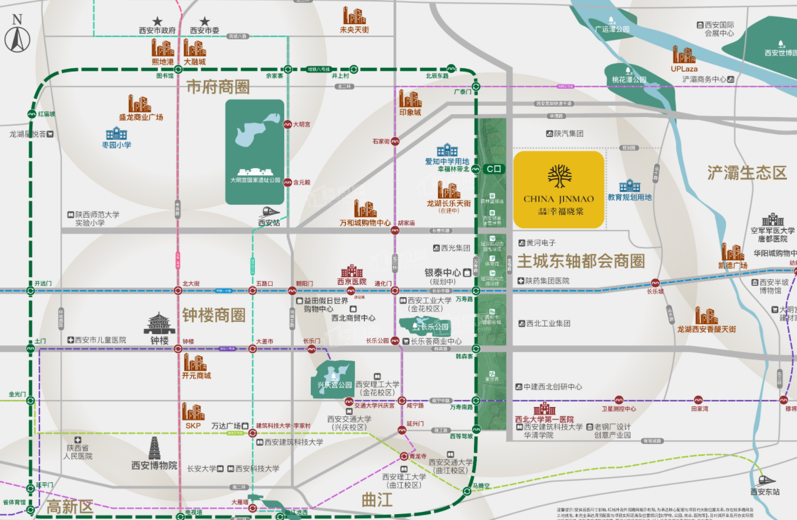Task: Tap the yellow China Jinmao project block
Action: tap(559, 189)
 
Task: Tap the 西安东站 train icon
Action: tap(766, 480)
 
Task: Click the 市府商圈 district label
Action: tap(218, 87)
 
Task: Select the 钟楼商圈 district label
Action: tap(213, 315)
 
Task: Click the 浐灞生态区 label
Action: tap(747, 173)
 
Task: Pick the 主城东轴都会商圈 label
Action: tap(581, 261)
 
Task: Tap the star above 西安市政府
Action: tap(157, 21)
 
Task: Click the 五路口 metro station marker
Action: tap(253, 291)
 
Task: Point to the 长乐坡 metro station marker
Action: tap(655, 282)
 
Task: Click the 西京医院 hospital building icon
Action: tap(351, 271)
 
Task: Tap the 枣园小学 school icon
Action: tap(116, 134)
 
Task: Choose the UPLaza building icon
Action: tap(684, 55)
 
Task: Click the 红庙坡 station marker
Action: tap(31, 114)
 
